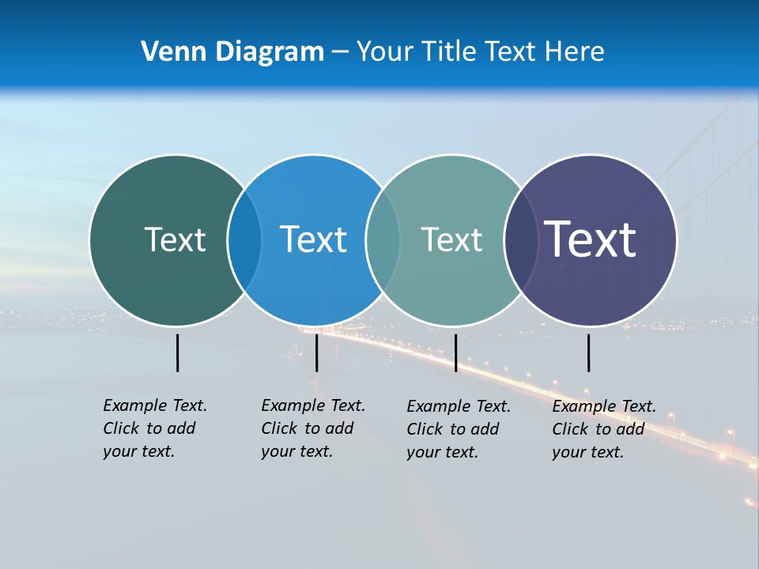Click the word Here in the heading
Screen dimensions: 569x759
pyautogui.click(x=575, y=51)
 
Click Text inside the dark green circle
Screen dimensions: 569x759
pyautogui.click(x=175, y=239)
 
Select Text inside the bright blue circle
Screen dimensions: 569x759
pyautogui.click(x=313, y=239)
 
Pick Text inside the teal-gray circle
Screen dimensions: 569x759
pyautogui.click(x=451, y=239)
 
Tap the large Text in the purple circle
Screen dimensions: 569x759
pyautogui.click(x=591, y=239)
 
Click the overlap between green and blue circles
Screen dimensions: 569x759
pyautogui.click(x=244, y=239)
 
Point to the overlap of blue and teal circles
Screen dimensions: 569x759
pyautogui.click(x=383, y=239)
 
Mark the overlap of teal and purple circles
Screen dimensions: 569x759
pyautogui.click(x=519, y=239)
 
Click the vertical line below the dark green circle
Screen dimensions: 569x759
pyautogui.click(x=177, y=352)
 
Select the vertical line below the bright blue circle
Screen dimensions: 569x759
pyautogui.click(x=316, y=352)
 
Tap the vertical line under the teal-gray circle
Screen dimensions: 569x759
pyautogui.click(x=455, y=352)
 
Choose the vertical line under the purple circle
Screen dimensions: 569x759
pyautogui.click(x=588, y=352)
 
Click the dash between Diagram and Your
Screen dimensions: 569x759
pyautogui.click(x=340, y=53)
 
